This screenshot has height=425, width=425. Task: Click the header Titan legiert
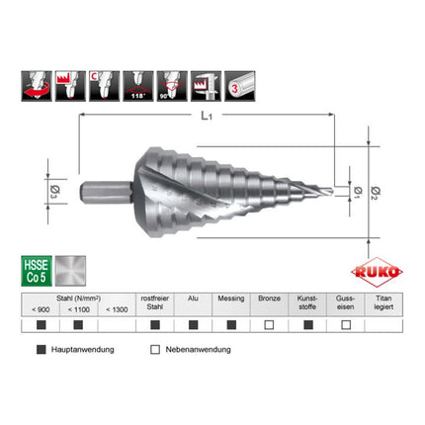[383, 300]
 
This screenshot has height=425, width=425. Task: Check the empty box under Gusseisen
[346, 323]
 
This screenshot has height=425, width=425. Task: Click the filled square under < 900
[40, 323]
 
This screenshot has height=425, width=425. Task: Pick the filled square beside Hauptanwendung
[41, 348]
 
